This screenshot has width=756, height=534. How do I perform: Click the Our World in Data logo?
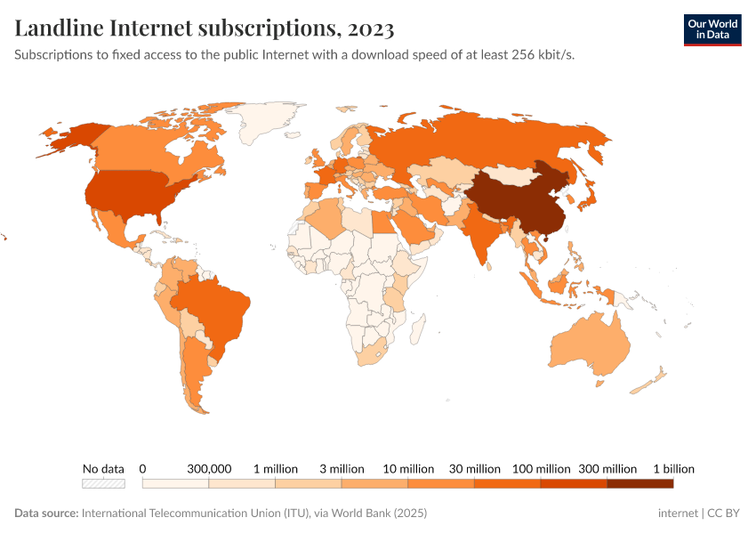point(712,29)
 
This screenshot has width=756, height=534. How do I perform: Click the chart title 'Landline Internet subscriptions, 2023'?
point(205,28)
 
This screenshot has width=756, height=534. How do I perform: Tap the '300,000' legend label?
point(209,468)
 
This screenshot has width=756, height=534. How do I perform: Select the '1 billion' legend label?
point(673,468)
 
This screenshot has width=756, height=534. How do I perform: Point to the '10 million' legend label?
point(408,468)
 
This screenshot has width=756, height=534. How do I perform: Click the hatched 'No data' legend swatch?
point(103,483)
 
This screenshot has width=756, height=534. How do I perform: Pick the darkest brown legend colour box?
point(639,483)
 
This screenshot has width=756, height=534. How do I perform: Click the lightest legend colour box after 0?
point(175,483)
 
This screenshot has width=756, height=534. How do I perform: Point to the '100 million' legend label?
point(541,468)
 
